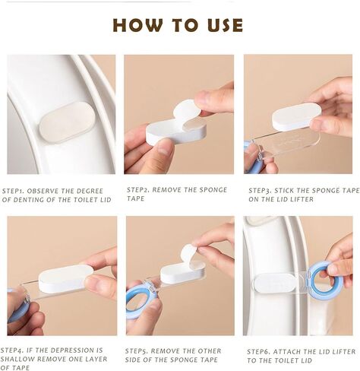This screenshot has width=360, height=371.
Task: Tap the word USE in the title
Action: coord(225,25)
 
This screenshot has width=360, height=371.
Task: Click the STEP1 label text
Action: coord(13,191)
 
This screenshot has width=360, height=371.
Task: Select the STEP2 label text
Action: coord(137,190)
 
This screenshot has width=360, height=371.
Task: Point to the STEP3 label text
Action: coord(260,191)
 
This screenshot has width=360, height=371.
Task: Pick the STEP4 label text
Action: coord(11,350)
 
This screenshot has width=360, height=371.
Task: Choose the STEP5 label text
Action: coord(136,351)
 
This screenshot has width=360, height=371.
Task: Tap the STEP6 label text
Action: coord(258,352)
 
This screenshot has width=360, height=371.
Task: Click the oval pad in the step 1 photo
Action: coord(67,122)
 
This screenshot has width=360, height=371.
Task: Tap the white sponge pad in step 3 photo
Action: coord(296,117)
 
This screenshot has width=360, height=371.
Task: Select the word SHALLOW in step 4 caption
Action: coord(17,359)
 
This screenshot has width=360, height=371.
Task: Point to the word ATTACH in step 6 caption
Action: coord(287,352)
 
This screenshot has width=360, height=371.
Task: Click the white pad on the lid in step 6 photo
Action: coord(276,284)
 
